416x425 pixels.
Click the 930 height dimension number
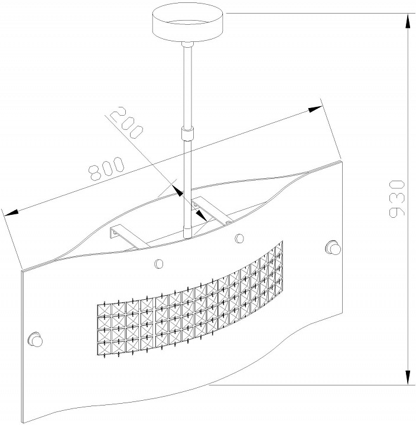pos(396,199)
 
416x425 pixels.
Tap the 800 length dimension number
pos(106,168)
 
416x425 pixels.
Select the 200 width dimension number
pos(127,122)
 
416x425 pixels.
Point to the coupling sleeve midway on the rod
pos(187,133)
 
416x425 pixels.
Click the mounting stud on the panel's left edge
pos(35,339)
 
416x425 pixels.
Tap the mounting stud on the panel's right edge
pos(333,248)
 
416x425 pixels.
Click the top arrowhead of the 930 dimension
pos(408,21)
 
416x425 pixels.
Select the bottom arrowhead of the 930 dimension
pos(408,377)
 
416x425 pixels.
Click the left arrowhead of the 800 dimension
pos(10,212)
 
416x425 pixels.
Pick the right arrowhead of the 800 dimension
pos(316,109)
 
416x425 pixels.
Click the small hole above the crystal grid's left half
pos(159,263)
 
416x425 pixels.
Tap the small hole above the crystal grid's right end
pos(239,238)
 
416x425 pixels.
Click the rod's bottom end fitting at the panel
pos(187,232)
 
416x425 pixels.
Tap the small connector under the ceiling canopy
pos(187,45)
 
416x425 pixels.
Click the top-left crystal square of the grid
pos(104,310)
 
